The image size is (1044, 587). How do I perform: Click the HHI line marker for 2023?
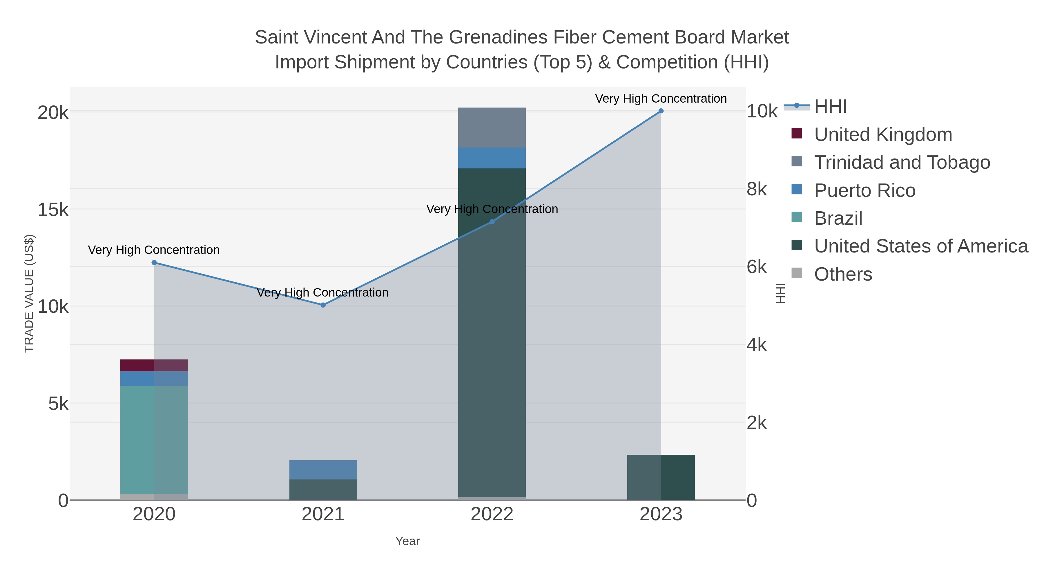click(x=661, y=111)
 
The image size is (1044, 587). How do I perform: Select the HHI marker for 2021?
click(x=323, y=305)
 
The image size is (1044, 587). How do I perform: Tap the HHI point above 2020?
click(x=154, y=263)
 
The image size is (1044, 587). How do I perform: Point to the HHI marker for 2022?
click(x=492, y=221)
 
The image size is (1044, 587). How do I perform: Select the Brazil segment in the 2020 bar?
click(x=154, y=439)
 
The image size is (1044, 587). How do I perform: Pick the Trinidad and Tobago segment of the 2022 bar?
click(x=492, y=127)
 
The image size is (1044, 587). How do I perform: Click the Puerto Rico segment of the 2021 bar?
click(x=323, y=470)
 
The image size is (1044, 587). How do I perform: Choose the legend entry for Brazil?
click(x=838, y=218)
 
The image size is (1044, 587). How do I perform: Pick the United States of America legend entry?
click(x=920, y=246)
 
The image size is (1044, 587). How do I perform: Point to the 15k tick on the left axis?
click(x=53, y=210)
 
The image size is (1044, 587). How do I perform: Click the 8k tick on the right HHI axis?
click(x=756, y=189)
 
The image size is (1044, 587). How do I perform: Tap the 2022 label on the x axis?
click(x=492, y=515)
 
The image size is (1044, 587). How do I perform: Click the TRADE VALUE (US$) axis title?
click(x=29, y=293)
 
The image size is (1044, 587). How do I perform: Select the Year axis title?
click(x=407, y=541)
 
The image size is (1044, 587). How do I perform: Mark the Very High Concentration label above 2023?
click(x=661, y=99)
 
